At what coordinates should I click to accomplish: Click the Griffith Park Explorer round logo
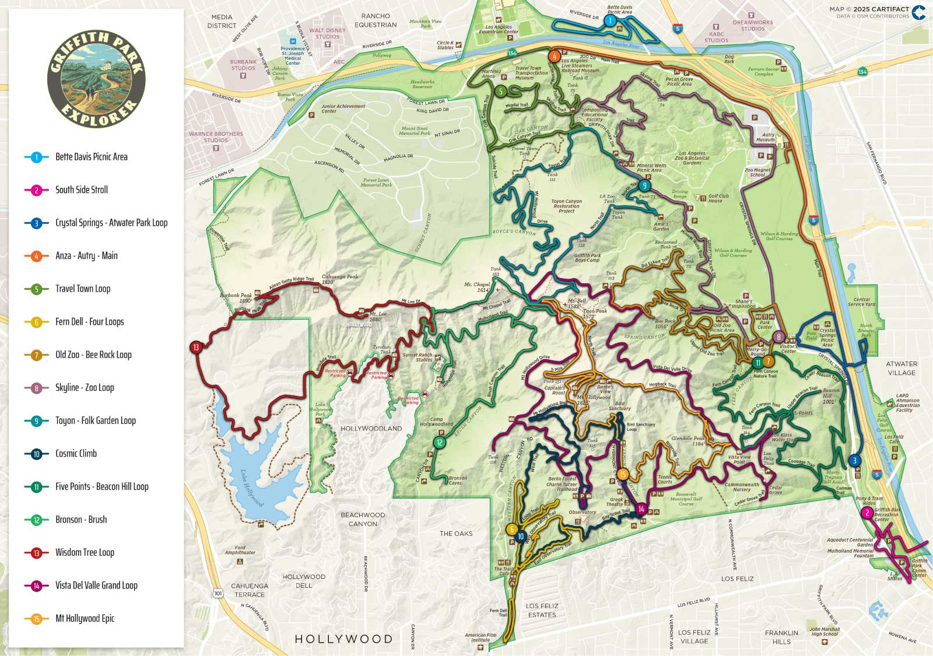(x=96, y=79)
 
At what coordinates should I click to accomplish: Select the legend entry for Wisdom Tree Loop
(x=85, y=552)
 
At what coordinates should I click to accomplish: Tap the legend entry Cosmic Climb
(x=76, y=453)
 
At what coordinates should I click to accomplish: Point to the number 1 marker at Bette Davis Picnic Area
(x=610, y=21)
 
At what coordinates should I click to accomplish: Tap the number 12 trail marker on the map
(x=439, y=443)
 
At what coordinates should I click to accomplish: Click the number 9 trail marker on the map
(x=644, y=186)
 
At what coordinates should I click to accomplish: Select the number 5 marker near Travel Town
(x=501, y=91)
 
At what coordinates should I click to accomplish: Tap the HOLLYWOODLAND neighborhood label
(x=371, y=428)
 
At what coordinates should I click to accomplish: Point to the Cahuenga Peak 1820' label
(x=340, y=279)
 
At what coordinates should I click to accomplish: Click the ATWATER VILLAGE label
(x=902, y=368)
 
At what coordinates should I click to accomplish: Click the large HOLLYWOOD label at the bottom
(x=343, y=639)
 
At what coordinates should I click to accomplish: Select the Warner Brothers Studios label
(x=216, y=137)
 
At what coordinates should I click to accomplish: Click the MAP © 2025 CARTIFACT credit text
(x=869, y=9)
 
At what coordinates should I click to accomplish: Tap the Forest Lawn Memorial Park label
(x=376, y=183)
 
